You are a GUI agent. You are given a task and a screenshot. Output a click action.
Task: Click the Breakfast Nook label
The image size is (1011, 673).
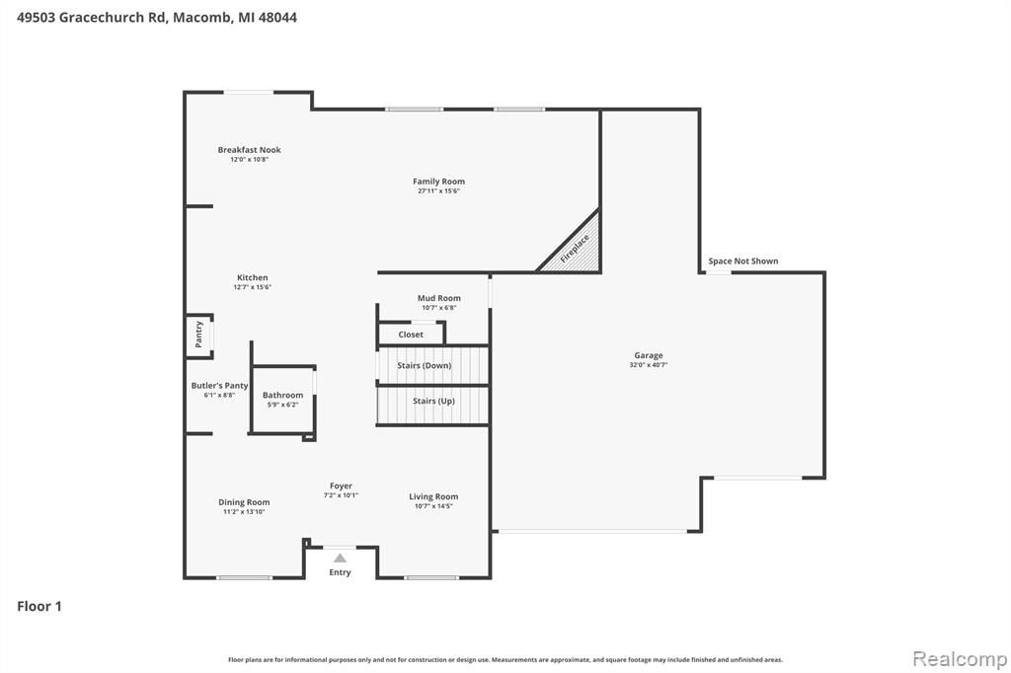249,150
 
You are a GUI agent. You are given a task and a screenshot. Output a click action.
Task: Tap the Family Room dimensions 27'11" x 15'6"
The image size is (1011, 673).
438,190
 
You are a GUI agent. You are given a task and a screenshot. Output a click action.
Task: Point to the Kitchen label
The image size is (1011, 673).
252,278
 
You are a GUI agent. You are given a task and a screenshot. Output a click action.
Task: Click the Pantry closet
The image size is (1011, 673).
199,336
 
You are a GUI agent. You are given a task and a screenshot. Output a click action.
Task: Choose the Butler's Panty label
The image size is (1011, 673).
219,386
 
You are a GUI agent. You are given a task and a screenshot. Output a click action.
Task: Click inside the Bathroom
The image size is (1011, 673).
282,400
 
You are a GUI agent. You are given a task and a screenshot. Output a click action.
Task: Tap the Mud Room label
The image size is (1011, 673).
439,298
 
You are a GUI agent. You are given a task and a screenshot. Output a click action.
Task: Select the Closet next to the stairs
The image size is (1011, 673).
411,334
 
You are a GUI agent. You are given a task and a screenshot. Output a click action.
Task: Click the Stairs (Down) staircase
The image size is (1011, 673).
432,365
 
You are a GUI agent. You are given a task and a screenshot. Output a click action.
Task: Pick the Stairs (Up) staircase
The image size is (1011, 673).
432,406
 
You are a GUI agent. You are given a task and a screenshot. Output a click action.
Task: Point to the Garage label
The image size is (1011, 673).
649,355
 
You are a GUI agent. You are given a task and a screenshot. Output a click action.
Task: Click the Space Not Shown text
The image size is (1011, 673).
743,262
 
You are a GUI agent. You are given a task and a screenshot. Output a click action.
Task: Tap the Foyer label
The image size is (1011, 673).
341,486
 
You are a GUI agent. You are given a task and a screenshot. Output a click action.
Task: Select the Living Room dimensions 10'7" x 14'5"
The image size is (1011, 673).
433,506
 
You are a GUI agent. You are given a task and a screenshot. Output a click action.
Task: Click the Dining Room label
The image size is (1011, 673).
244,502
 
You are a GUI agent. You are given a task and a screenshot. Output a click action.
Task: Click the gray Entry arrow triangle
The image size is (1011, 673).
340,559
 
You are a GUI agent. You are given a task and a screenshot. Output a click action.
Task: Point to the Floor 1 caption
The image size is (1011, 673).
39,606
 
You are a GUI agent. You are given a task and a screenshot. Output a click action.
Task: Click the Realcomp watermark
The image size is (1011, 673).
960,659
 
